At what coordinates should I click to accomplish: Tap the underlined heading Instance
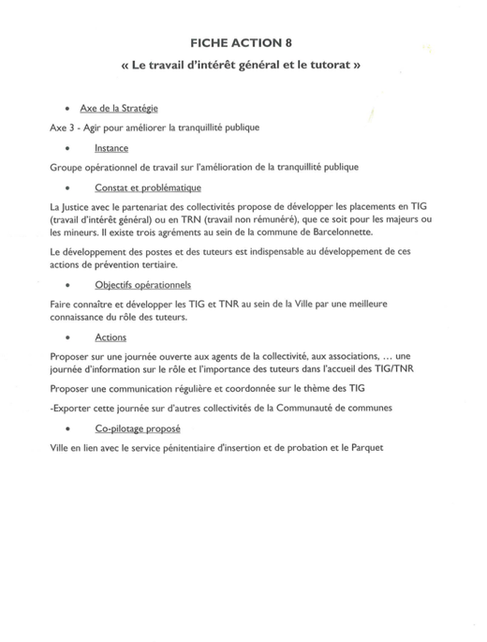[111, 149]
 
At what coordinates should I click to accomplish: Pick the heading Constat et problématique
[148, 188]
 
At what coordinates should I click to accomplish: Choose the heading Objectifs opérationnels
[142, 285]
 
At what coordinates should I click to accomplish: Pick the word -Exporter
[68, 408]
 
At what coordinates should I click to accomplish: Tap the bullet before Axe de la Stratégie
[65, 109]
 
